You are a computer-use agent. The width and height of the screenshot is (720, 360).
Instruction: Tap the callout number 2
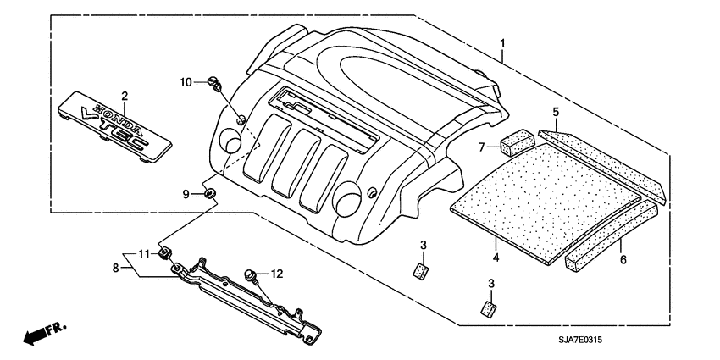124,96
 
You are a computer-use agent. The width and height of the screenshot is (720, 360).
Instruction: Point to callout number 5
556,112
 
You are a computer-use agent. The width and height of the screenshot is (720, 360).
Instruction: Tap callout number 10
186,81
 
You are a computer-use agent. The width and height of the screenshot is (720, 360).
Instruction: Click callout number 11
143,253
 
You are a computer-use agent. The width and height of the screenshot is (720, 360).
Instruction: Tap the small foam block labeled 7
515,141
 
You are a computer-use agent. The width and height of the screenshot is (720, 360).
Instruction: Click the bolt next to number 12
251,274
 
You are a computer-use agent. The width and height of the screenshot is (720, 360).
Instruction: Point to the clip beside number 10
214,83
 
